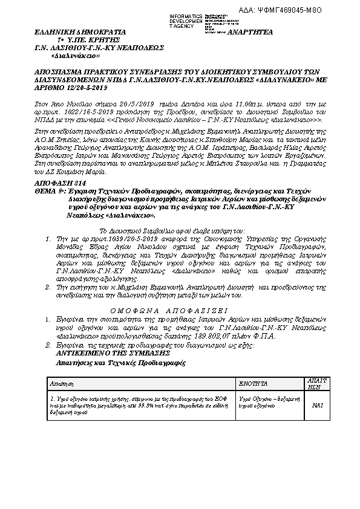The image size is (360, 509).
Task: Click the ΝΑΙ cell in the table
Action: pyautogui.click(x=316, y=406)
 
